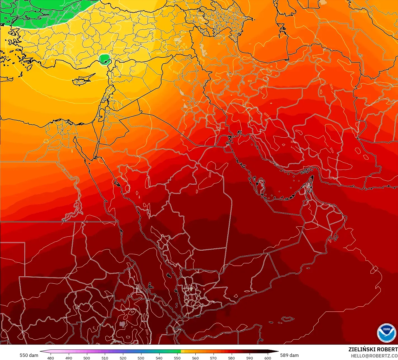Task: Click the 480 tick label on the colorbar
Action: click(x=51, y=358)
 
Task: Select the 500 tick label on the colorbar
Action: click(x=87, y=358)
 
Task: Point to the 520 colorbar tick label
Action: click(x=123, y=358)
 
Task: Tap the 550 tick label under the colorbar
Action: click(x=177, y=358)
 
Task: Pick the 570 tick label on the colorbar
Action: click(x=213, y=358)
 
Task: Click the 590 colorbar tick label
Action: click(x=250, y=358)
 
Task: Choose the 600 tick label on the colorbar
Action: click(x=267, y=358)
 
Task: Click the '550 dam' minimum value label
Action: click(x=29, y=355)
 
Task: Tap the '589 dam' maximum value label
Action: click(x=290, y=355)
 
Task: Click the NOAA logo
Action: click(x=387, y=333)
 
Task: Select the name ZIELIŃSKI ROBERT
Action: click(x=373, y=349)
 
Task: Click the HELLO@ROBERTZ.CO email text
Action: click(x=374, y=356)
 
